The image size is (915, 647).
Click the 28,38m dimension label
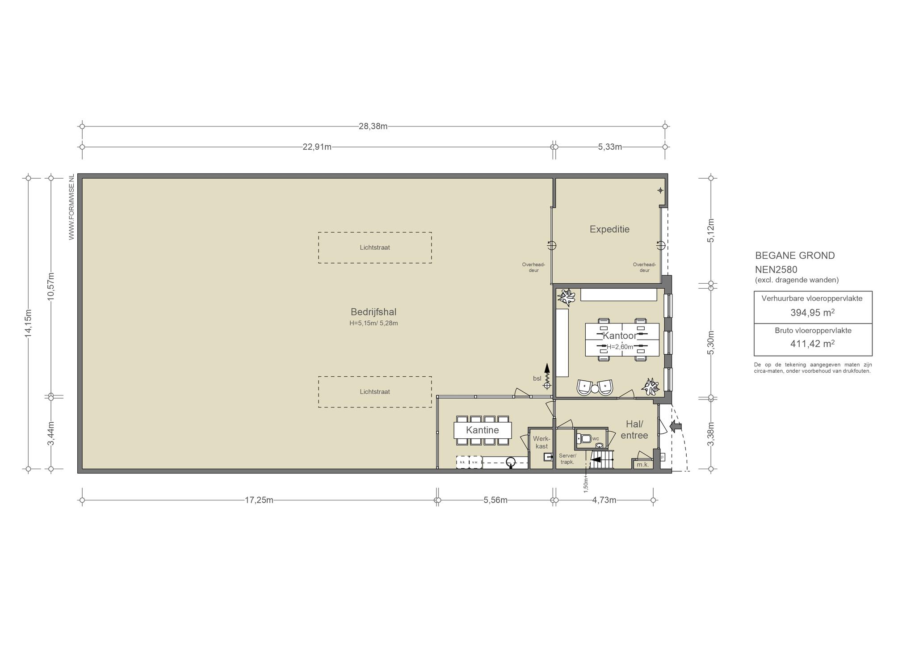point(373,126)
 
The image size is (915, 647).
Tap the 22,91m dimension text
point(317,147)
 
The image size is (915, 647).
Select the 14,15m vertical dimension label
point(28,323)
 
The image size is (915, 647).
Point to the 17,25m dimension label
point(259,500)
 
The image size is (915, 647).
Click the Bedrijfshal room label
point(374,312)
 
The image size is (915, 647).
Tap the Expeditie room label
point(609,229)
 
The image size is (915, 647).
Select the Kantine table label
point(482,430)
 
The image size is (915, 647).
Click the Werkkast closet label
point(541,442)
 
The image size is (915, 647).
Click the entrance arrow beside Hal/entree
point(676,427)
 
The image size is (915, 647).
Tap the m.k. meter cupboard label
point(642,465)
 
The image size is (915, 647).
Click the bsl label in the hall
point(537,378)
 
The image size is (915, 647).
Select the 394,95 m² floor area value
point(813,312)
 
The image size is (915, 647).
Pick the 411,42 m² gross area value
point(813,344)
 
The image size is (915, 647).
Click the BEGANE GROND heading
point(795,256)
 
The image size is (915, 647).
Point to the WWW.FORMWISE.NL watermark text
point(71,207)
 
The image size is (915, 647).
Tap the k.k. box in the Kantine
point(462,462)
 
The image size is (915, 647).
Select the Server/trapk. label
point(567,459)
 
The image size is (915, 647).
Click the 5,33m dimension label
point(610,147)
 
